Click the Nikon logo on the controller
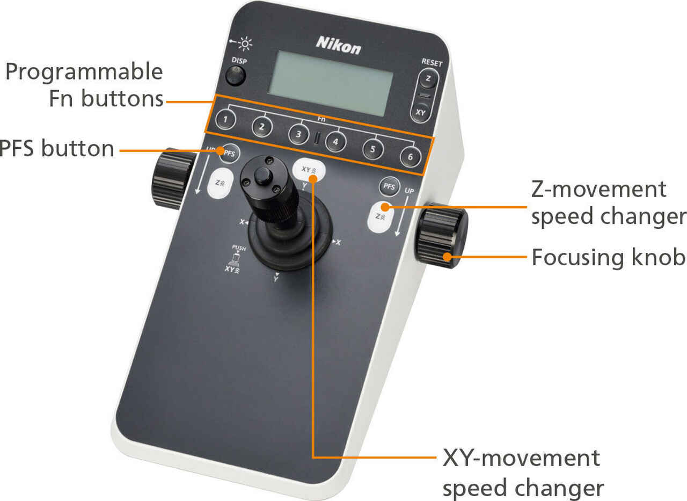(338, 45)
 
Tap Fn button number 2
(262, 127)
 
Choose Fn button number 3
(298, 134)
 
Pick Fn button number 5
(372, 150)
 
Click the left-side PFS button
(229, 154)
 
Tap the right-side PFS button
(389, 187)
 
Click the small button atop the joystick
(262, 176)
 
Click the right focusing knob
(441, 237)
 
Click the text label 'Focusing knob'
(608, 257)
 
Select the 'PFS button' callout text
(57, 149)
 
